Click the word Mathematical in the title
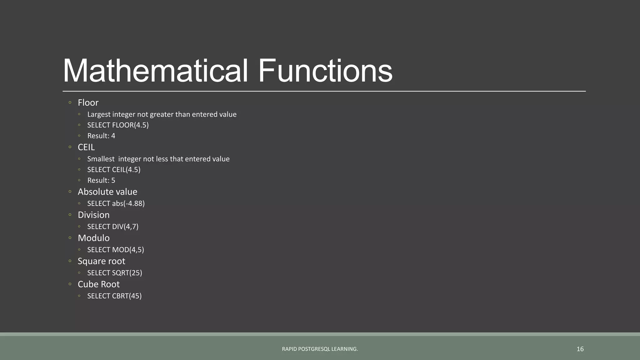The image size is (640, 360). pyautogui.click(x=155, y=71)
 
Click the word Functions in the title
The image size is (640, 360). pyautogui.click(x=325, y=71)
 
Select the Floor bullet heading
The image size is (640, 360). pyautogui.click(x=88, y=103)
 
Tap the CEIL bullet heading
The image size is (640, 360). pyautogui.click(x=86, y=147)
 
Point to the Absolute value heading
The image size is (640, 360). pyautogui.click(x=107, y=192)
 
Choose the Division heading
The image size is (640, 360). pyautogui.click(x=94, y=215)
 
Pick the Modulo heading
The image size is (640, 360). pyautogui.click(x=94, y=238)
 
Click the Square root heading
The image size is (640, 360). pyautogui.click(x=101, y=261)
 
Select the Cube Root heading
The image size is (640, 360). pyautogui.click(x=99, y=284)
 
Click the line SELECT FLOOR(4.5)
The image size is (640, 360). pyautogui.click(x=118, y=125)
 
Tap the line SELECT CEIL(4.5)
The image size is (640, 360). pyautogui.click(x=114, y=170)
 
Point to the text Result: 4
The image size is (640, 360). pyautogui.click(x=101, y=136)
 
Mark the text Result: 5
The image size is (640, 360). pyautogui.click(x=101, y=181)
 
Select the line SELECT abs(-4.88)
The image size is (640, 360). pyautogui.click(x=116, y=204)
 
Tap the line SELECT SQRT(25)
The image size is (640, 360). pyautogui.click(x=115, y=273)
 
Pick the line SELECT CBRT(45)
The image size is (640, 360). pyautogui.click(x=114, y=296)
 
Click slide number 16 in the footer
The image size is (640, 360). pyautogui.click(x=580, y=349)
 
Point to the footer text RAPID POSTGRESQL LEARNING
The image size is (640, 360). pyautogui.click(x=320, y=349)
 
